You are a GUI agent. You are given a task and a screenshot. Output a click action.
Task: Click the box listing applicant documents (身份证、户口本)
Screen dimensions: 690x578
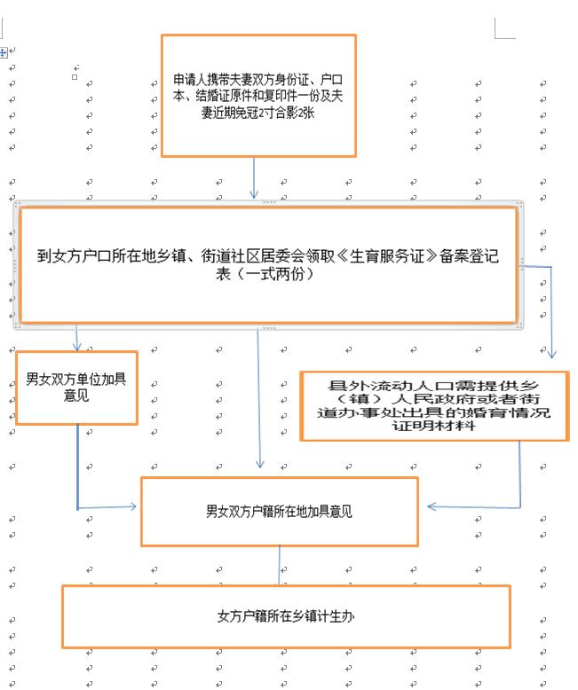(x=258, y=96)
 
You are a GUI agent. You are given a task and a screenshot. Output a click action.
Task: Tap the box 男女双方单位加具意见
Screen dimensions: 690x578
(x=76, y=388)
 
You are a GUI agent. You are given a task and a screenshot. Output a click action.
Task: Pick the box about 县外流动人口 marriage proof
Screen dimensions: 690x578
(x=434, y=406)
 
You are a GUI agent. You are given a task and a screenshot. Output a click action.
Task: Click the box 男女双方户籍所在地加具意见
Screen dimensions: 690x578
(x=279, y=511)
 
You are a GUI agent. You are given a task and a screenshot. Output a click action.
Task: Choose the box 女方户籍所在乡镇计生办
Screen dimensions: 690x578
(x=285, y=616)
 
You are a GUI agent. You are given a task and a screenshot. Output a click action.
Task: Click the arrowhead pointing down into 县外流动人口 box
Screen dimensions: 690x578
(x=552, y=353)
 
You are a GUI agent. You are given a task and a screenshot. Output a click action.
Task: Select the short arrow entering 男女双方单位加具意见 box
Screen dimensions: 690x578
(x=77, y=338)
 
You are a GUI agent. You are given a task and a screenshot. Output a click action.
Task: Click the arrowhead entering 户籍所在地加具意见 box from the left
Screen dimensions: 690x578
(x=132, y=506)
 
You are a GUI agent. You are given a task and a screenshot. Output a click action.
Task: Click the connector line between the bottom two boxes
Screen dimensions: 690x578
(x=280, y=565)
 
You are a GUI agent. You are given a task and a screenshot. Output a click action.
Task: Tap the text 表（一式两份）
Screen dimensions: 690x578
(x=267, y=275)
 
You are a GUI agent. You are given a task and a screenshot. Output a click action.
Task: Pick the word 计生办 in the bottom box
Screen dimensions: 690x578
(x=338, y=616)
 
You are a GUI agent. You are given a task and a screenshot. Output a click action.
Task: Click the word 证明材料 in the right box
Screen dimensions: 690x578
(x=434, y=426)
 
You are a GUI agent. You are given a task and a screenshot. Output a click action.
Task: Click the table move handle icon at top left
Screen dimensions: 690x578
(x=4, y=52)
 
